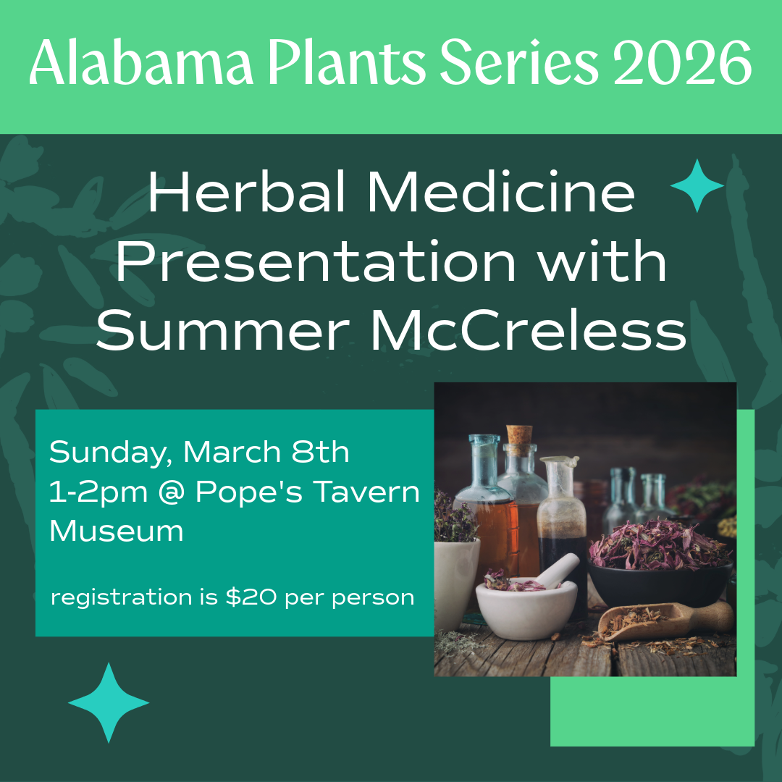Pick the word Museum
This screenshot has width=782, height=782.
[116, 531]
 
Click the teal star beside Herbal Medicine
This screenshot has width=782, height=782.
[697, 186]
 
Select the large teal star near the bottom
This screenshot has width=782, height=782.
[109, 702]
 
